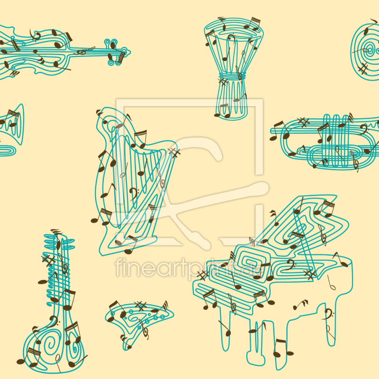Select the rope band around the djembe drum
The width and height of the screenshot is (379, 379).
coord(232,77)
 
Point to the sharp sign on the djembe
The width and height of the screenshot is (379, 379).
coord(223,81)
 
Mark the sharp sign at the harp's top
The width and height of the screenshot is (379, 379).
coord(174,153)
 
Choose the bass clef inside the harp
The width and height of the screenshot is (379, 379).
coord(133,193)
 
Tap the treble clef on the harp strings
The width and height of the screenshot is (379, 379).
coord(162,180)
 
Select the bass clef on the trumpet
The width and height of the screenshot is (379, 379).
coord(363,129)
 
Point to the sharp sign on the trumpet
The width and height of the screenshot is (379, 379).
coord(304,122)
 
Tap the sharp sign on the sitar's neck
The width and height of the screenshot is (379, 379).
coord(48,260)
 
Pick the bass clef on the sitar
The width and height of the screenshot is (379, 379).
coord(53,322)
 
